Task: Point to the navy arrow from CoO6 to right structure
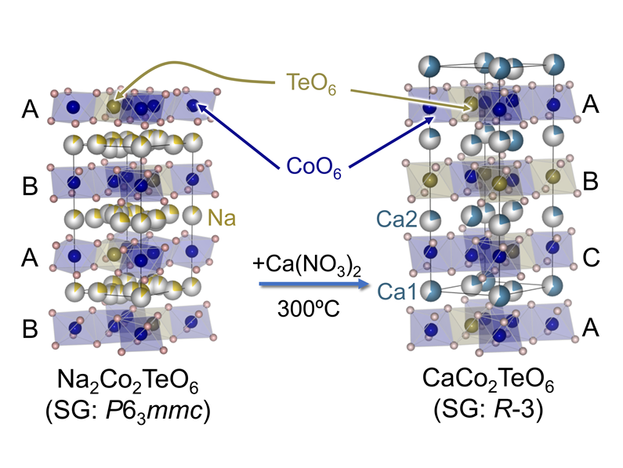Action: click(388, 141)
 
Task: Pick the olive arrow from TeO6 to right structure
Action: click(407, 96)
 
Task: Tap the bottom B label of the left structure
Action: click(30, 327)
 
